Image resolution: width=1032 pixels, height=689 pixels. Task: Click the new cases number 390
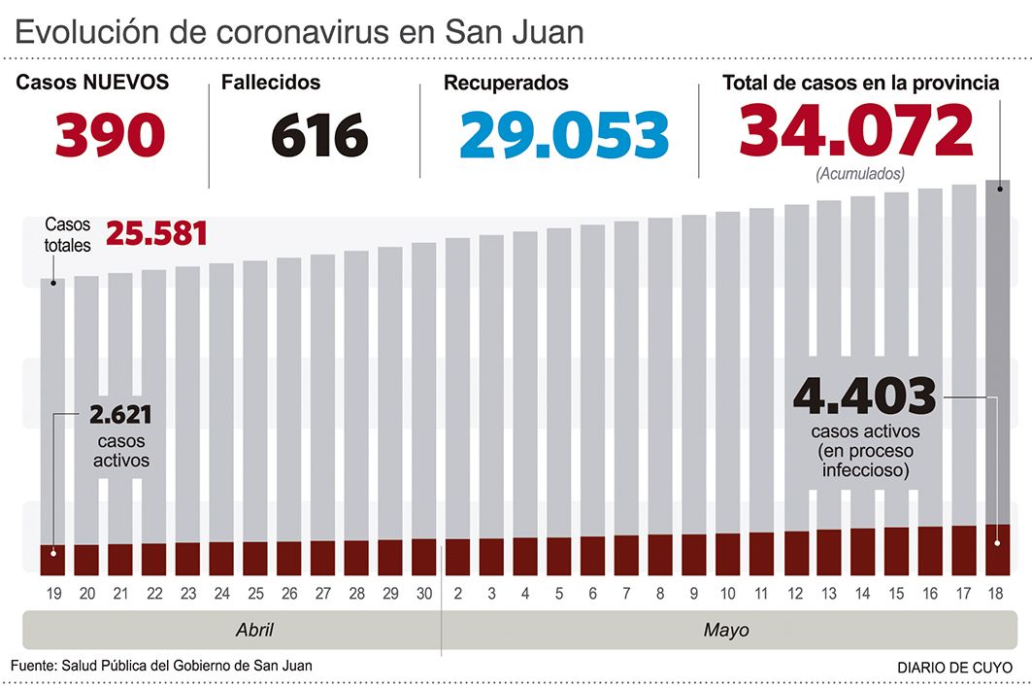click(x=110, y=135)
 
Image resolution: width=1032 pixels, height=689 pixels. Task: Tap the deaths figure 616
click(x=319, y=135)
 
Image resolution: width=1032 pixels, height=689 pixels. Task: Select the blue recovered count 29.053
click(x=564, y=135)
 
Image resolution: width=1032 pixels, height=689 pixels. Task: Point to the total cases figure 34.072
click(x=855, y=131)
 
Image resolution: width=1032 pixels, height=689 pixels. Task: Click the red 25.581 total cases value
click(x=156, y=234)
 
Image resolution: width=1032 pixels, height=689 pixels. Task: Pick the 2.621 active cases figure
click(x=120, y=415)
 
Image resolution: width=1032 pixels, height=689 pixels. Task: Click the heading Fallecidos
click(x=271, y=83)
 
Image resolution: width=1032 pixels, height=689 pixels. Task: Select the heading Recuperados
click(x=506, y=84)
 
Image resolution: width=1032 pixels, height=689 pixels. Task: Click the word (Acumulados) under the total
click(x=860, y=174)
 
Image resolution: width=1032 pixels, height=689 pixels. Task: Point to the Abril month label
click(x=254, y=630)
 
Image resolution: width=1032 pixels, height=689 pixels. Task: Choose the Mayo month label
click(x=726, y=630)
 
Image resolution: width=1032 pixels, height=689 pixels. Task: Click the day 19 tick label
click(x=52, y=593)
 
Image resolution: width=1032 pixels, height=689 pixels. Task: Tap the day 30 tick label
click(x=424, y=593)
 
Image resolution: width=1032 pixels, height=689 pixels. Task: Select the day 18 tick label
click(x=997, y=593)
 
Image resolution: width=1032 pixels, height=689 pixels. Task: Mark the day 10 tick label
click(x=727, y=593)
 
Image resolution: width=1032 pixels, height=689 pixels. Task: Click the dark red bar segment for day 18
click(x=997, y=550)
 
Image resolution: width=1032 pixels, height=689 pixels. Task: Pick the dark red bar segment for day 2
click(x=457, y=557)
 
